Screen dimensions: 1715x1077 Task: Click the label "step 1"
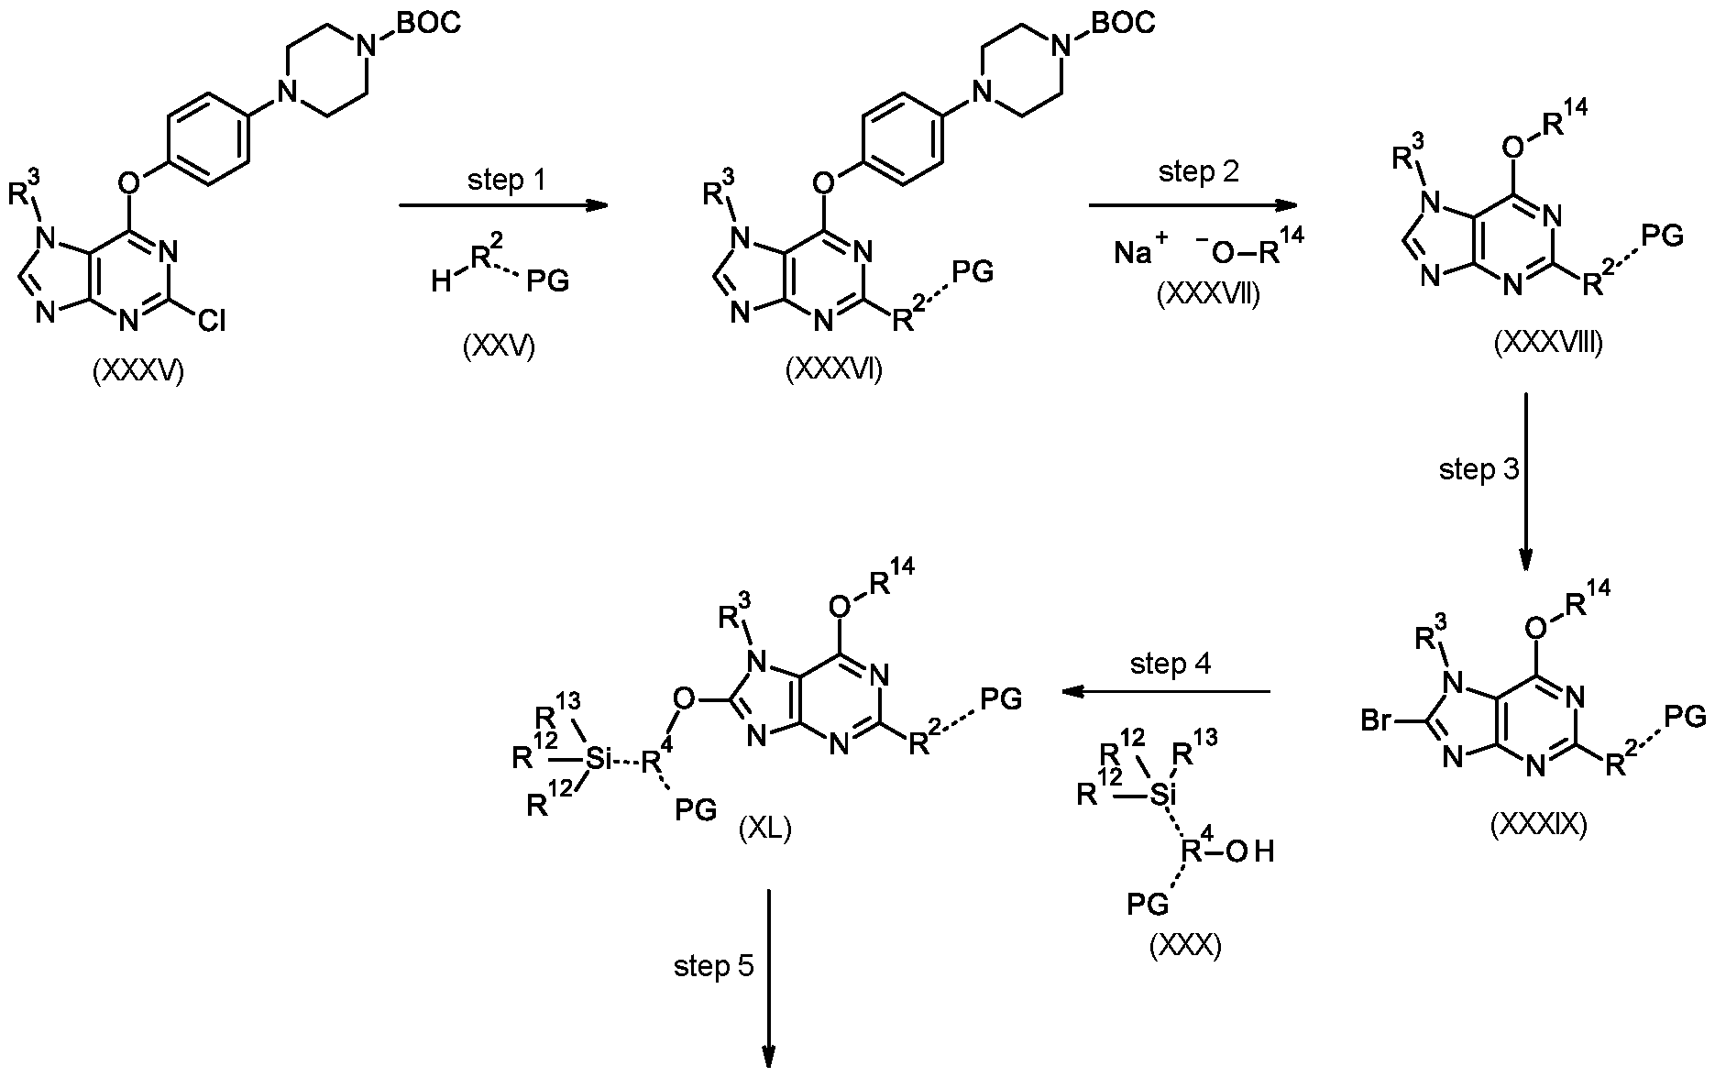pos(506,180)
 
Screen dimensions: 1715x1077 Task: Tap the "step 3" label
pos(1479,469)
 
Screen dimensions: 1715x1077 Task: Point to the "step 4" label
pos(1171,664)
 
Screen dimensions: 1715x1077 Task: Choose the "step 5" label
pos(714,966)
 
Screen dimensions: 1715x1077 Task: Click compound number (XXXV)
pos(138,372)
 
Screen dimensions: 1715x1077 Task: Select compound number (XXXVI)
pos(834,369)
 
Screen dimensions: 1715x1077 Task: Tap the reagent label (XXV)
pos(500,348)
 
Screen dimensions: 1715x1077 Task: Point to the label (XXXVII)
pos(1208,295)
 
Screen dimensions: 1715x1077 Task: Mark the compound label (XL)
pos(764,830)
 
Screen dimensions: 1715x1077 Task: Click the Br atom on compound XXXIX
pos(1379,721)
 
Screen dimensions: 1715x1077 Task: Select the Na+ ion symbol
pos(1141,249)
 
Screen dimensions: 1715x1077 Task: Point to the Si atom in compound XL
pos(598,758)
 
